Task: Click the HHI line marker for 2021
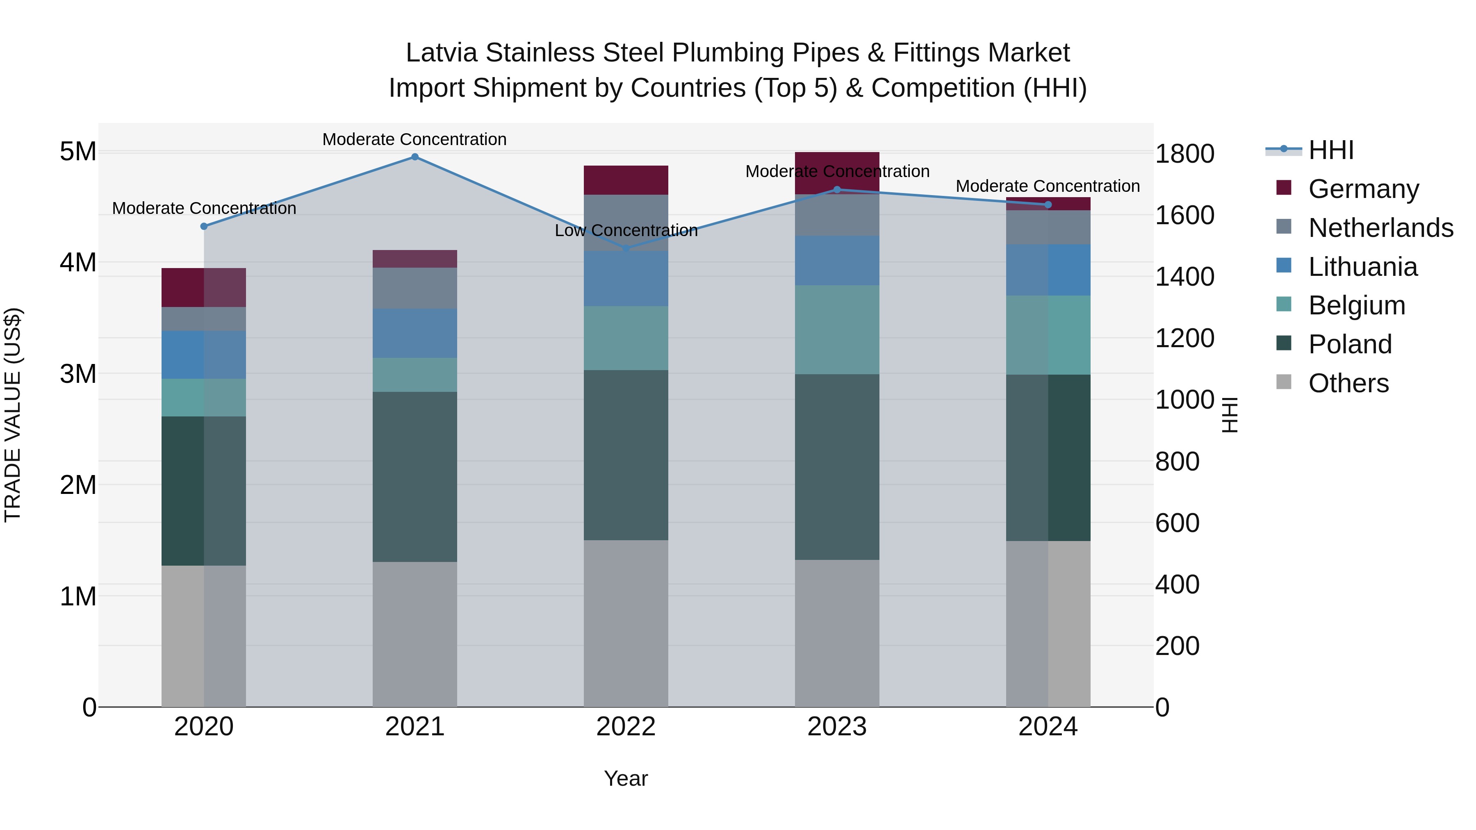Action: coord(415,157)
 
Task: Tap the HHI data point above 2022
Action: coord(626,249)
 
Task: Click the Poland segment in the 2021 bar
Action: coord(415,477)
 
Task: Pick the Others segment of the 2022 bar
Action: coord(626,623)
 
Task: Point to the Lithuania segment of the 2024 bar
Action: coord(1048,270)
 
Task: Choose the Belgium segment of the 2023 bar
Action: coord(836,330)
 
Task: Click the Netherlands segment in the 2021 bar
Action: coord(415,288)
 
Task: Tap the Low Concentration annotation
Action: coord(626,230)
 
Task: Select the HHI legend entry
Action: coord(1330,150)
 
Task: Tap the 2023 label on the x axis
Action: coord(836,727)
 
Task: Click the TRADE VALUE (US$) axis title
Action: coord(13,415)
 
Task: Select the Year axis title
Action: coord(626,778)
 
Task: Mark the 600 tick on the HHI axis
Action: coord(1177,523)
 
